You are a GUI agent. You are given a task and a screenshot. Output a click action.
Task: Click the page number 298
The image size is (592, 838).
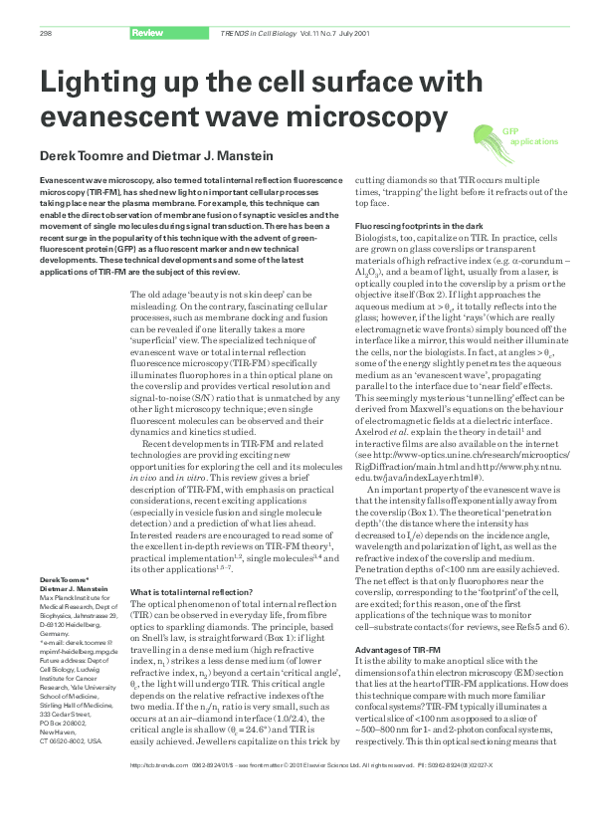pyautogui.click(x=46, y=35)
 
